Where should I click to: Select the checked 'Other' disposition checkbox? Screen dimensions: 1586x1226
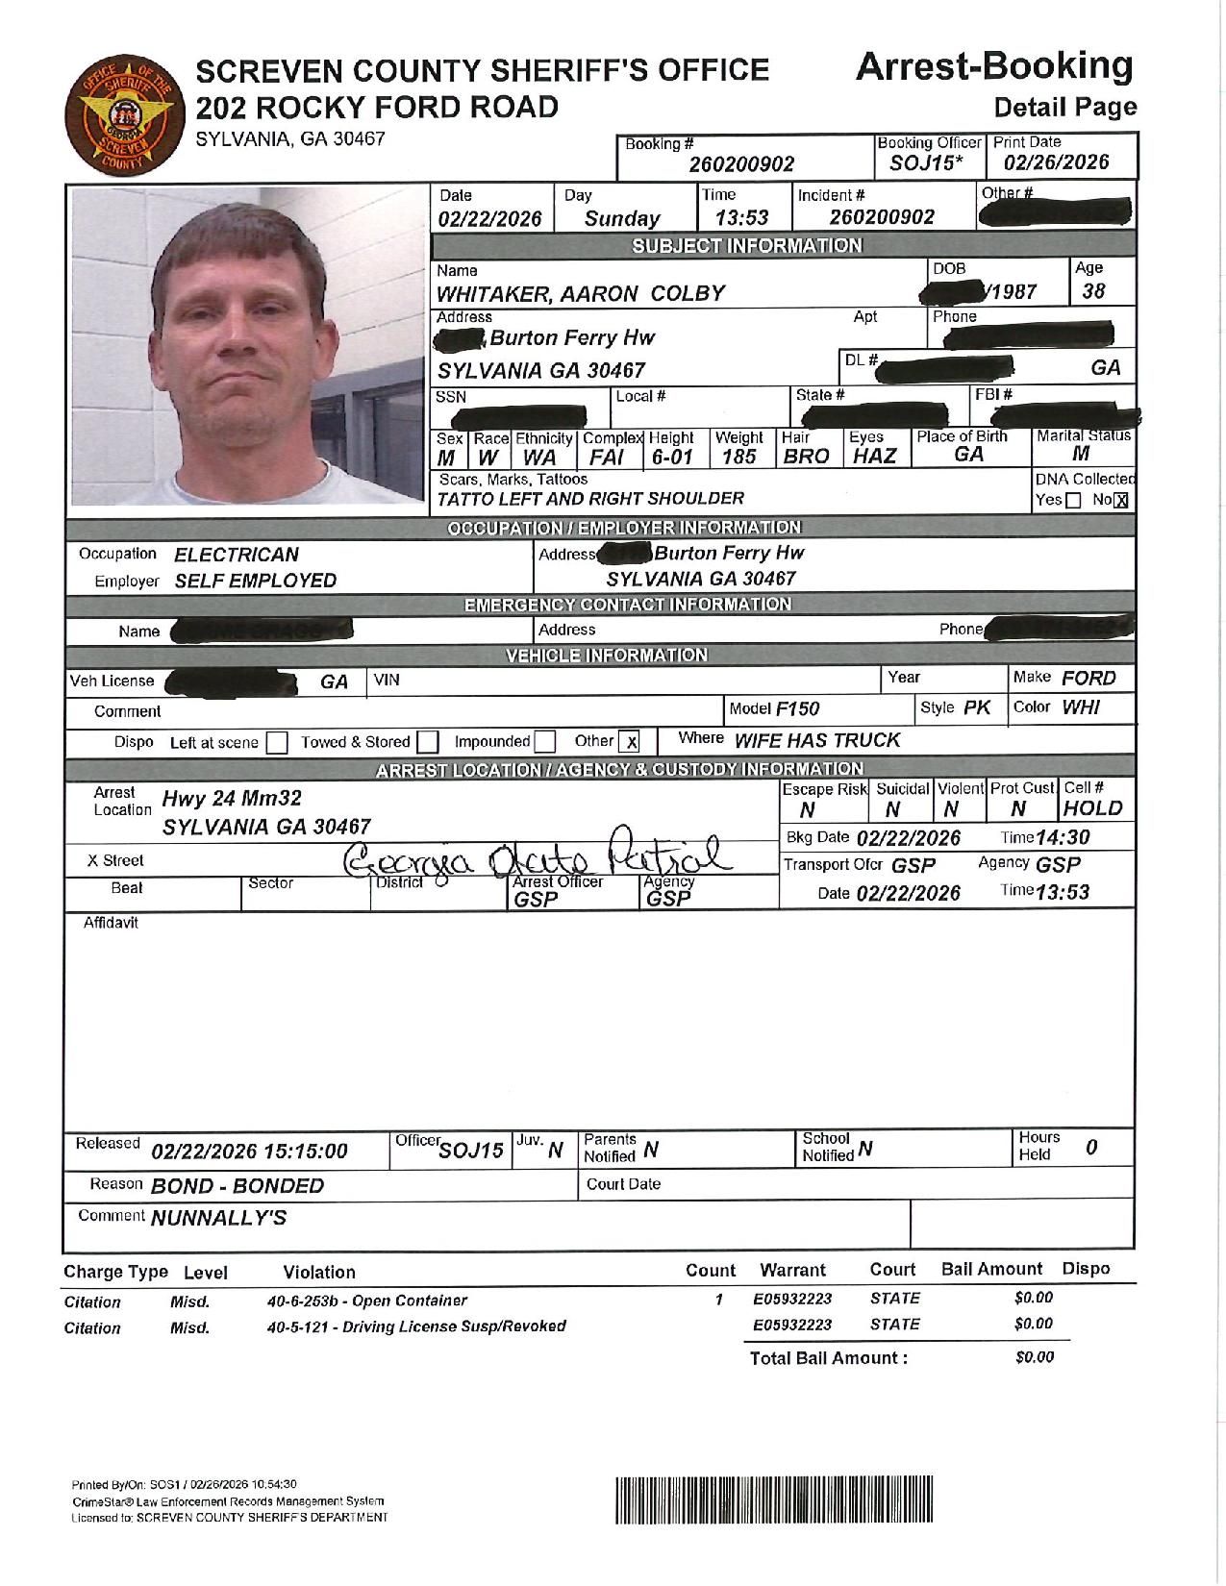[630, 742]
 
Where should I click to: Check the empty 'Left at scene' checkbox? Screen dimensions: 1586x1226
[277, 743]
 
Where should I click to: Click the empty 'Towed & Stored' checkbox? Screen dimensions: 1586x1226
[428, 743]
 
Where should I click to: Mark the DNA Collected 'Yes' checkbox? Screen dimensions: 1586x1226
[1073, 501]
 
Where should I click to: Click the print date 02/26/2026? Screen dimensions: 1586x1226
[1055, 162]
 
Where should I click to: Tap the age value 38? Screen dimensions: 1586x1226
[1093, 291]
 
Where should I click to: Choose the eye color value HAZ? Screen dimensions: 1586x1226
[874, 458]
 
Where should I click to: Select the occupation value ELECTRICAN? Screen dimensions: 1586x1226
[237, 555]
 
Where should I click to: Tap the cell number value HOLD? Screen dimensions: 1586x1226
[1093, 808]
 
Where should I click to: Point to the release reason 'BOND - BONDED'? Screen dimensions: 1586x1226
[238, 1186]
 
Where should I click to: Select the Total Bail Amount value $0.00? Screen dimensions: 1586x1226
[1034, 1357]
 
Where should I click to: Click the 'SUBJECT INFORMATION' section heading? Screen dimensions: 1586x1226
[746, 246]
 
